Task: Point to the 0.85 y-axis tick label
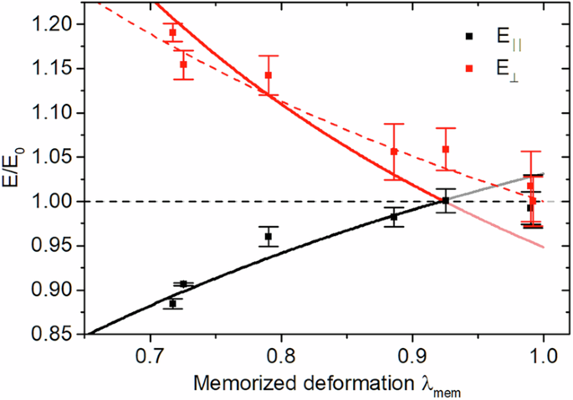62,335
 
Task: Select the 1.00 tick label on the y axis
62,202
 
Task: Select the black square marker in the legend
469,36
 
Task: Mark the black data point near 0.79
269,237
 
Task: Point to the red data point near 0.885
394,151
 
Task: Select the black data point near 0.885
394,217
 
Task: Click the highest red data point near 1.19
173,33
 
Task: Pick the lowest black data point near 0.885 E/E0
173,304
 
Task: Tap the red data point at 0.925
446,149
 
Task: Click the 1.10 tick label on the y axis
62,112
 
